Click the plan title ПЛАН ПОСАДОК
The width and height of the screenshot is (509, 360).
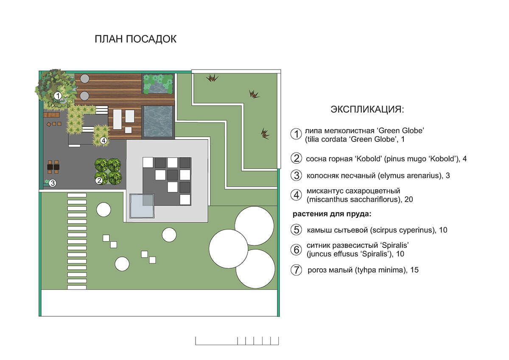point(135,39)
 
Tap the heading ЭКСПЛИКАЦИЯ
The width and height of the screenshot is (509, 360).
point(367,110)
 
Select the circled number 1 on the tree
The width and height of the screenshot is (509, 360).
point(58,96)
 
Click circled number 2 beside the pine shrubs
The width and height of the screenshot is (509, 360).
point(99,180)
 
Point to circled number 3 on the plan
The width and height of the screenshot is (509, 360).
point(53,183)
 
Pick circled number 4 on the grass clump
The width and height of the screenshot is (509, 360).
point(103,141)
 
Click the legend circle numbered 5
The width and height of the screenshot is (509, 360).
point(296,230)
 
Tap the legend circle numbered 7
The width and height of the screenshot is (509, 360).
point(296,270)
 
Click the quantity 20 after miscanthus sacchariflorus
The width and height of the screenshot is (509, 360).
point(408,200)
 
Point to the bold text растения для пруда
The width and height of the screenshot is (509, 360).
point(332,214)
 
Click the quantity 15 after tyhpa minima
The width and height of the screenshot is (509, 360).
point(414,270)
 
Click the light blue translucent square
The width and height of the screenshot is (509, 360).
point(142,206)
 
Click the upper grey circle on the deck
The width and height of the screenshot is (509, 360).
point(85,79)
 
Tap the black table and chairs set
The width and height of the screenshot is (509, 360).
point(53,167)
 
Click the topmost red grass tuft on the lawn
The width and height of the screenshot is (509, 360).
point(212,78)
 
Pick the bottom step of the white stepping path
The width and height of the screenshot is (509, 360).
point(77,287)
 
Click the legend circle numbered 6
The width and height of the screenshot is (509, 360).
point(296,250)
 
